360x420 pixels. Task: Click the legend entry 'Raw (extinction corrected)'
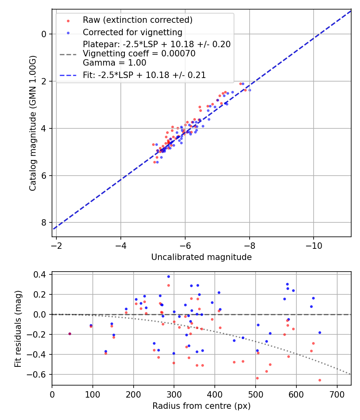click(138, 20)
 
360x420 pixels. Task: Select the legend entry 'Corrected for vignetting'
click(132, 32)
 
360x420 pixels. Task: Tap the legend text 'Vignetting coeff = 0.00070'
click(139, 54)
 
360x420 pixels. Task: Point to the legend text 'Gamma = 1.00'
click(114, 63)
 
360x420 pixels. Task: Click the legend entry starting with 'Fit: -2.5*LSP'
click(144, 75)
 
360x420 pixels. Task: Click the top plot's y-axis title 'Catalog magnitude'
click(32, 123)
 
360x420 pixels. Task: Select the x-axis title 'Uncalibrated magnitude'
click(201, 257)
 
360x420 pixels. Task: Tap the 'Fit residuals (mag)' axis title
click(18, 328)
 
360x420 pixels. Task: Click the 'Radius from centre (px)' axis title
click(201, 406)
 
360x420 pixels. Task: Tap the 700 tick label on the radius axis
click(337, 394)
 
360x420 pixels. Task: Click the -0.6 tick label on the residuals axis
click(39, 375)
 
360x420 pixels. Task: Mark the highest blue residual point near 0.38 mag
click(168, 276)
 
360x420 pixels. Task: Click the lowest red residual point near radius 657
click(320, 380)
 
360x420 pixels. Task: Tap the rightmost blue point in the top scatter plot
click(250, 90)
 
